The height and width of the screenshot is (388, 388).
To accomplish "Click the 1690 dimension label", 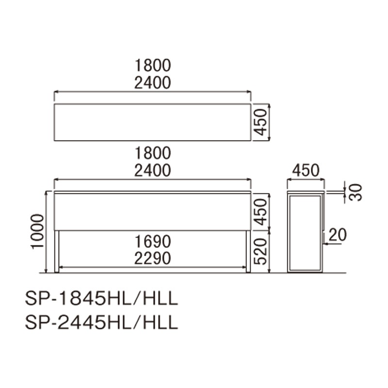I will [153, 242].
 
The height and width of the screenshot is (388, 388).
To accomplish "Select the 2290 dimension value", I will [153, 258].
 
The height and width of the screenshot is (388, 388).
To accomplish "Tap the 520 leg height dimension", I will [260, 251].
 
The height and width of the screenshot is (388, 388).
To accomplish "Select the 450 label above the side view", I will [306, 171].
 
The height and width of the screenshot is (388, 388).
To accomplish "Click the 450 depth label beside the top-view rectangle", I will [260, 122].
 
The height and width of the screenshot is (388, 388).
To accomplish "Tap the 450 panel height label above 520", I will [260, 211].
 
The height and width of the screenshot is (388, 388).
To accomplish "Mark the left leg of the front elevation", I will [57, 251].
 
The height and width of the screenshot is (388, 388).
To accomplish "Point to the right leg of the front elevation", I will [248, 251].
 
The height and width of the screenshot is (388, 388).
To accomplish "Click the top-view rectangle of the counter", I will [152, 122].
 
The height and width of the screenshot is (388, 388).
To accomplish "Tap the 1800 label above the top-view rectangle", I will [153, 65].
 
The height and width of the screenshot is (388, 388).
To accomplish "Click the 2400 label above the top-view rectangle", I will [153, 82].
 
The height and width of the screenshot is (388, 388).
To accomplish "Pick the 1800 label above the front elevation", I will [153, 153].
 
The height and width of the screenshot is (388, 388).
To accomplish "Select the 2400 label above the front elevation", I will [153, 171].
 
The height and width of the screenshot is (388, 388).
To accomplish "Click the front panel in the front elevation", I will [152, 211].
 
